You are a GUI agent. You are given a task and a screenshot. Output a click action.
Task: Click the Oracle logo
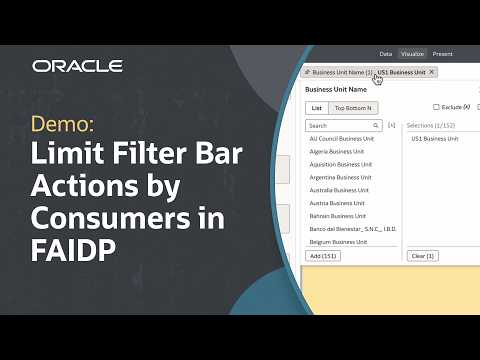pyautogui.click(x=77, y=66)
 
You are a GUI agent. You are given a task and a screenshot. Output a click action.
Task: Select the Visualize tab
pyautogui.click(x=412, y=53)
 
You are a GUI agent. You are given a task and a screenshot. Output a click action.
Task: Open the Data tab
pyautogui.click(x=386, y=53)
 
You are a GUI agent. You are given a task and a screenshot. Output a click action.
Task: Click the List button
pyautogui.click(x=316, y=107)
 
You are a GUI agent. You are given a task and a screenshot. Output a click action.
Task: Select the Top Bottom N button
pyautogui.click(x=353, y=107)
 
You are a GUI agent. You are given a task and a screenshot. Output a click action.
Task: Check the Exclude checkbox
pyautogui.click(x=436, y=107)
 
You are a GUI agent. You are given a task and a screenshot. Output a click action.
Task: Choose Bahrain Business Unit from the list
pyautogui.click(x=339, y=215)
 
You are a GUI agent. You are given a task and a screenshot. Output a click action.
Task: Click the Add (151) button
pyautogui.click(x=323, y=256)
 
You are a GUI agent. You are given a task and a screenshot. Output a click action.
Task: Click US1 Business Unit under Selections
pyautogui.click(x=435, y=139)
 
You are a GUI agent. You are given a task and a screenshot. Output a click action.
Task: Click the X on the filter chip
pyautogui.click(x=431, y=73)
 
